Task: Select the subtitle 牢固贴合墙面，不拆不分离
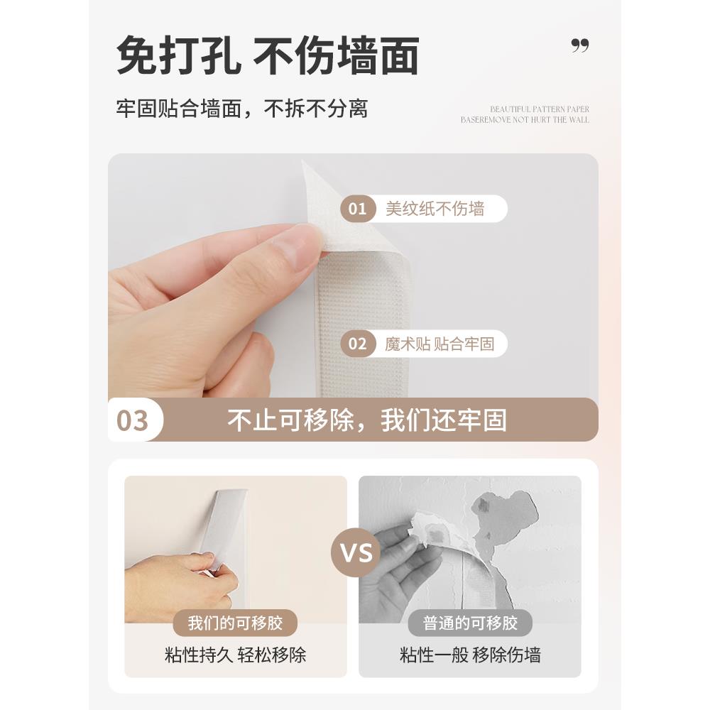coord(242,109)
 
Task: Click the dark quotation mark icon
coord(580,46)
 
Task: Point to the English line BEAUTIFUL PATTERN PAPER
coord(540,109)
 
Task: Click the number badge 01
coord(358,209)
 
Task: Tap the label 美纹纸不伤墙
coord(435,209)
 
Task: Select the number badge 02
coord(358,344)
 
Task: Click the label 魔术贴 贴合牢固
coord(439,344)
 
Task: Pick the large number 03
coord(133,420)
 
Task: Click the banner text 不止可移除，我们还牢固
coord(367,420)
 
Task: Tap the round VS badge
coord(355,552)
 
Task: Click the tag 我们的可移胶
coord(235,623)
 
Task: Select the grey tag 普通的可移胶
coord(469,623)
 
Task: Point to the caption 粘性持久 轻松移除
coord(235,655)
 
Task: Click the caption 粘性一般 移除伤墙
coord(469,655)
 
